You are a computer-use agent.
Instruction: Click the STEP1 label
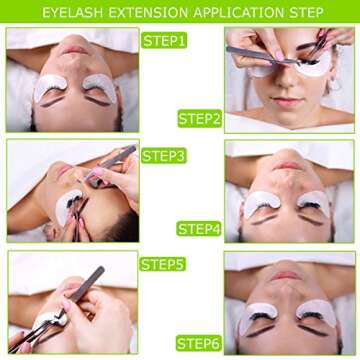coord(164,41)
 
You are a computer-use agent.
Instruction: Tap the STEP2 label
coord(199,118)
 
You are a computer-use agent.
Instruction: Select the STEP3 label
coord(164,156)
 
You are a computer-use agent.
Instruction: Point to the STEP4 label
coord(199,228)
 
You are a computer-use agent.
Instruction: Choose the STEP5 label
coord(162,265)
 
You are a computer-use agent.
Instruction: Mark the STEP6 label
coord(199,343)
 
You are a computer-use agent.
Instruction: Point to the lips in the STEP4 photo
coord(288,164)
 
